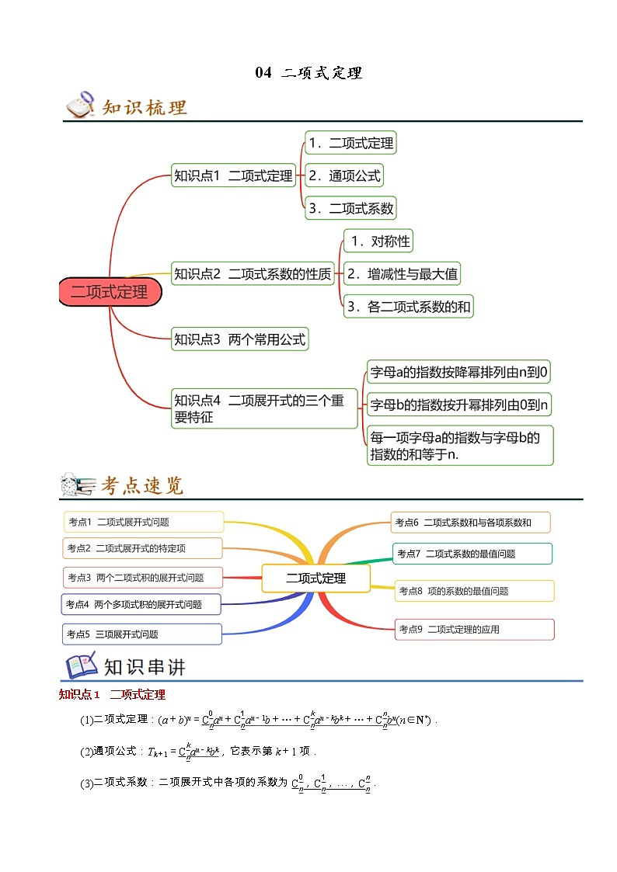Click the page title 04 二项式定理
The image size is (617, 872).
click(x=308, y=73)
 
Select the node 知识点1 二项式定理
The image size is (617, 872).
click(x=233, y=176)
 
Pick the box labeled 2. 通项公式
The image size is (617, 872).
click(x=344, y=175)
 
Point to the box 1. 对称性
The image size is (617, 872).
click(x=378, y=241)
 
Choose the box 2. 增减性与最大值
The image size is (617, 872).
click(x=403, y=273)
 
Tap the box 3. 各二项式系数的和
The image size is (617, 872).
click(x=408, y=307)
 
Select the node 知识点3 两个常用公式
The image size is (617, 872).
click(x=240, y=339)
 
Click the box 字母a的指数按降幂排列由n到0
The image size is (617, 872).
click(x=459, y=372)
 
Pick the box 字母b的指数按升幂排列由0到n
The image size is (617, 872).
click(x=459, y=404)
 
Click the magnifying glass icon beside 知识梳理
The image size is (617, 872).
click(x=79, y=106)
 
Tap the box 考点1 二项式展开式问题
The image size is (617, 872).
click(x=143, y=523)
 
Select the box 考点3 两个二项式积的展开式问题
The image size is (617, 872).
click(x=143, y=578)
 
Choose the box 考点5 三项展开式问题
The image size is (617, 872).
click(x=141, y=634)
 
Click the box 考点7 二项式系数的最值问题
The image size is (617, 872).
click(x=472, y=554)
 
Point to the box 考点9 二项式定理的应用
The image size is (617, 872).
click(x=475, y=630)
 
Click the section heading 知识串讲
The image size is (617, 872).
click(x=145, y=667)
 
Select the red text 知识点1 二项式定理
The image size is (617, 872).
click(x=112, y=694)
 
